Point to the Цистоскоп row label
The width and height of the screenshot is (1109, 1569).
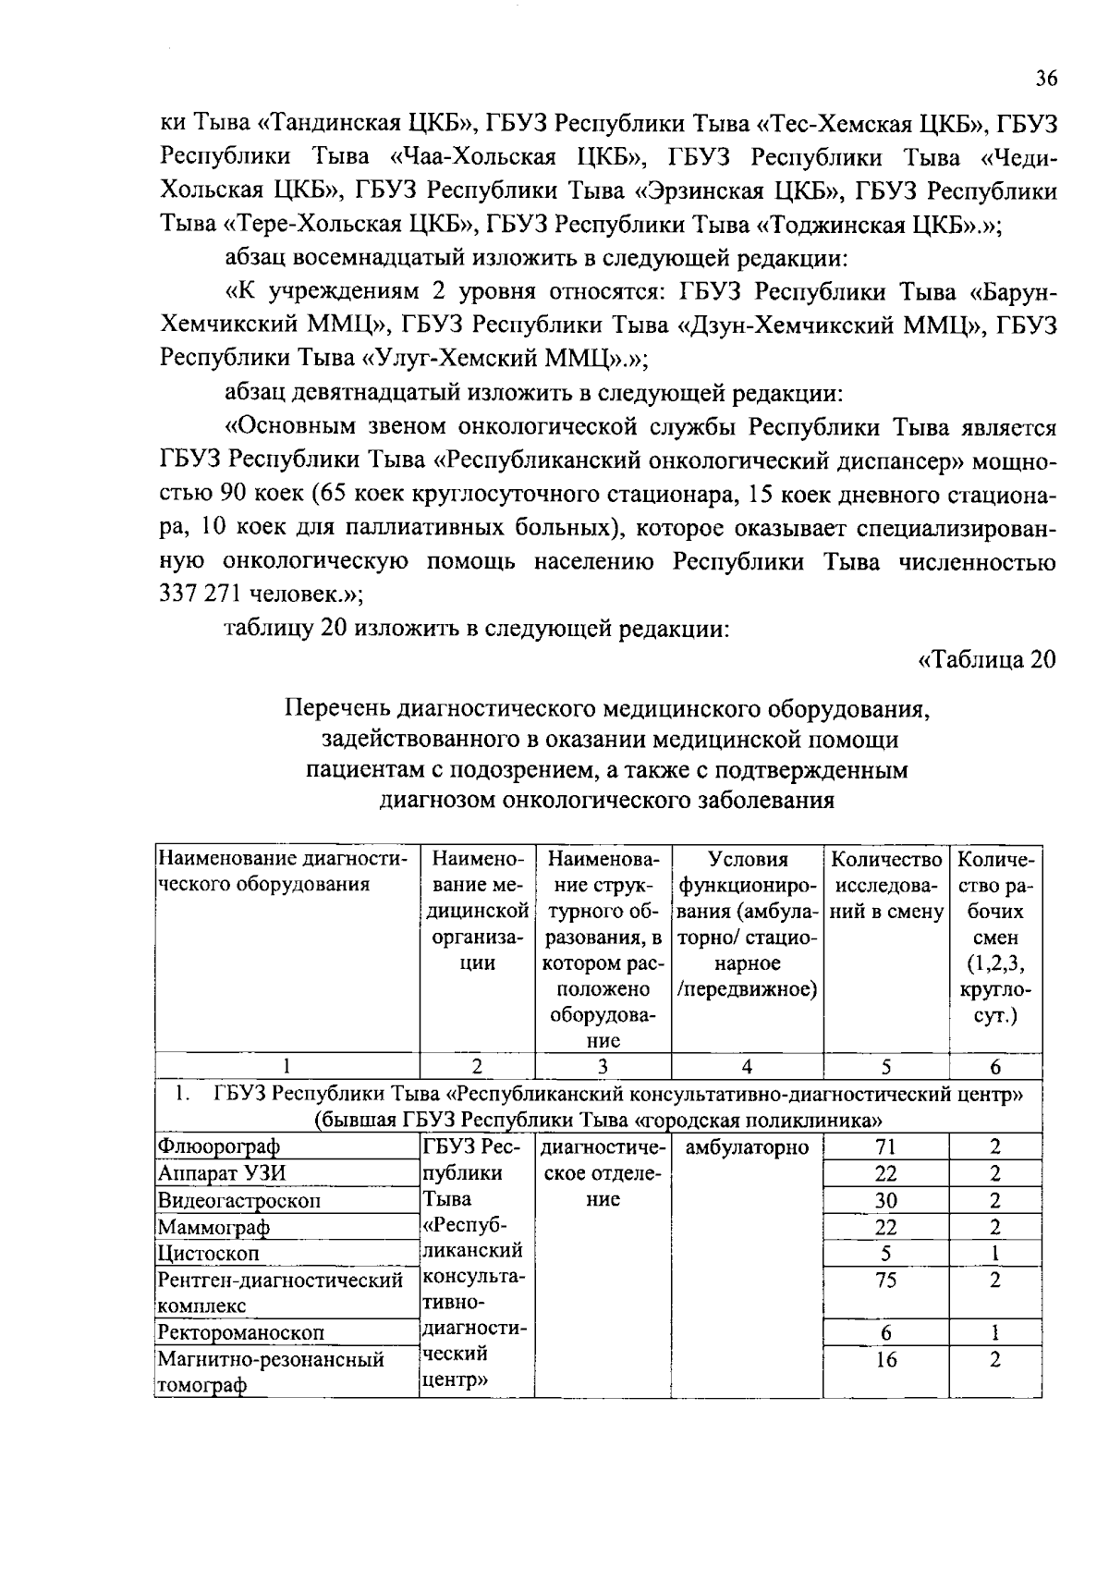pos(209,1254)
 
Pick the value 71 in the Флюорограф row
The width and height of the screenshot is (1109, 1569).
pos(885,1147)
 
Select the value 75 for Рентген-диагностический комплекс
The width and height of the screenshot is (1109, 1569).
pos(885,1281)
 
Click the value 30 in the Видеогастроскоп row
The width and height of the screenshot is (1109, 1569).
pos(885,1200)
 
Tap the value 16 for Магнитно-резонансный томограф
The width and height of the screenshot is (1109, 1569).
pos(885,1360)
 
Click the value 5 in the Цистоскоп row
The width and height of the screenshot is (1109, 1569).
pos(885,1254)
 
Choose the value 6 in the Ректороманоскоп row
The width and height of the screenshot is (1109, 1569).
pos(885,1332)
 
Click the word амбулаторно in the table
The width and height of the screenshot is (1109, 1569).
pos(747,1147)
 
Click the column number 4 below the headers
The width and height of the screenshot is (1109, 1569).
pos(747,1066)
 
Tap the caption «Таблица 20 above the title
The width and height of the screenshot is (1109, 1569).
pos(986,660)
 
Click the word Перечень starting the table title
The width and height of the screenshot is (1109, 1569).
pos(337,709)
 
